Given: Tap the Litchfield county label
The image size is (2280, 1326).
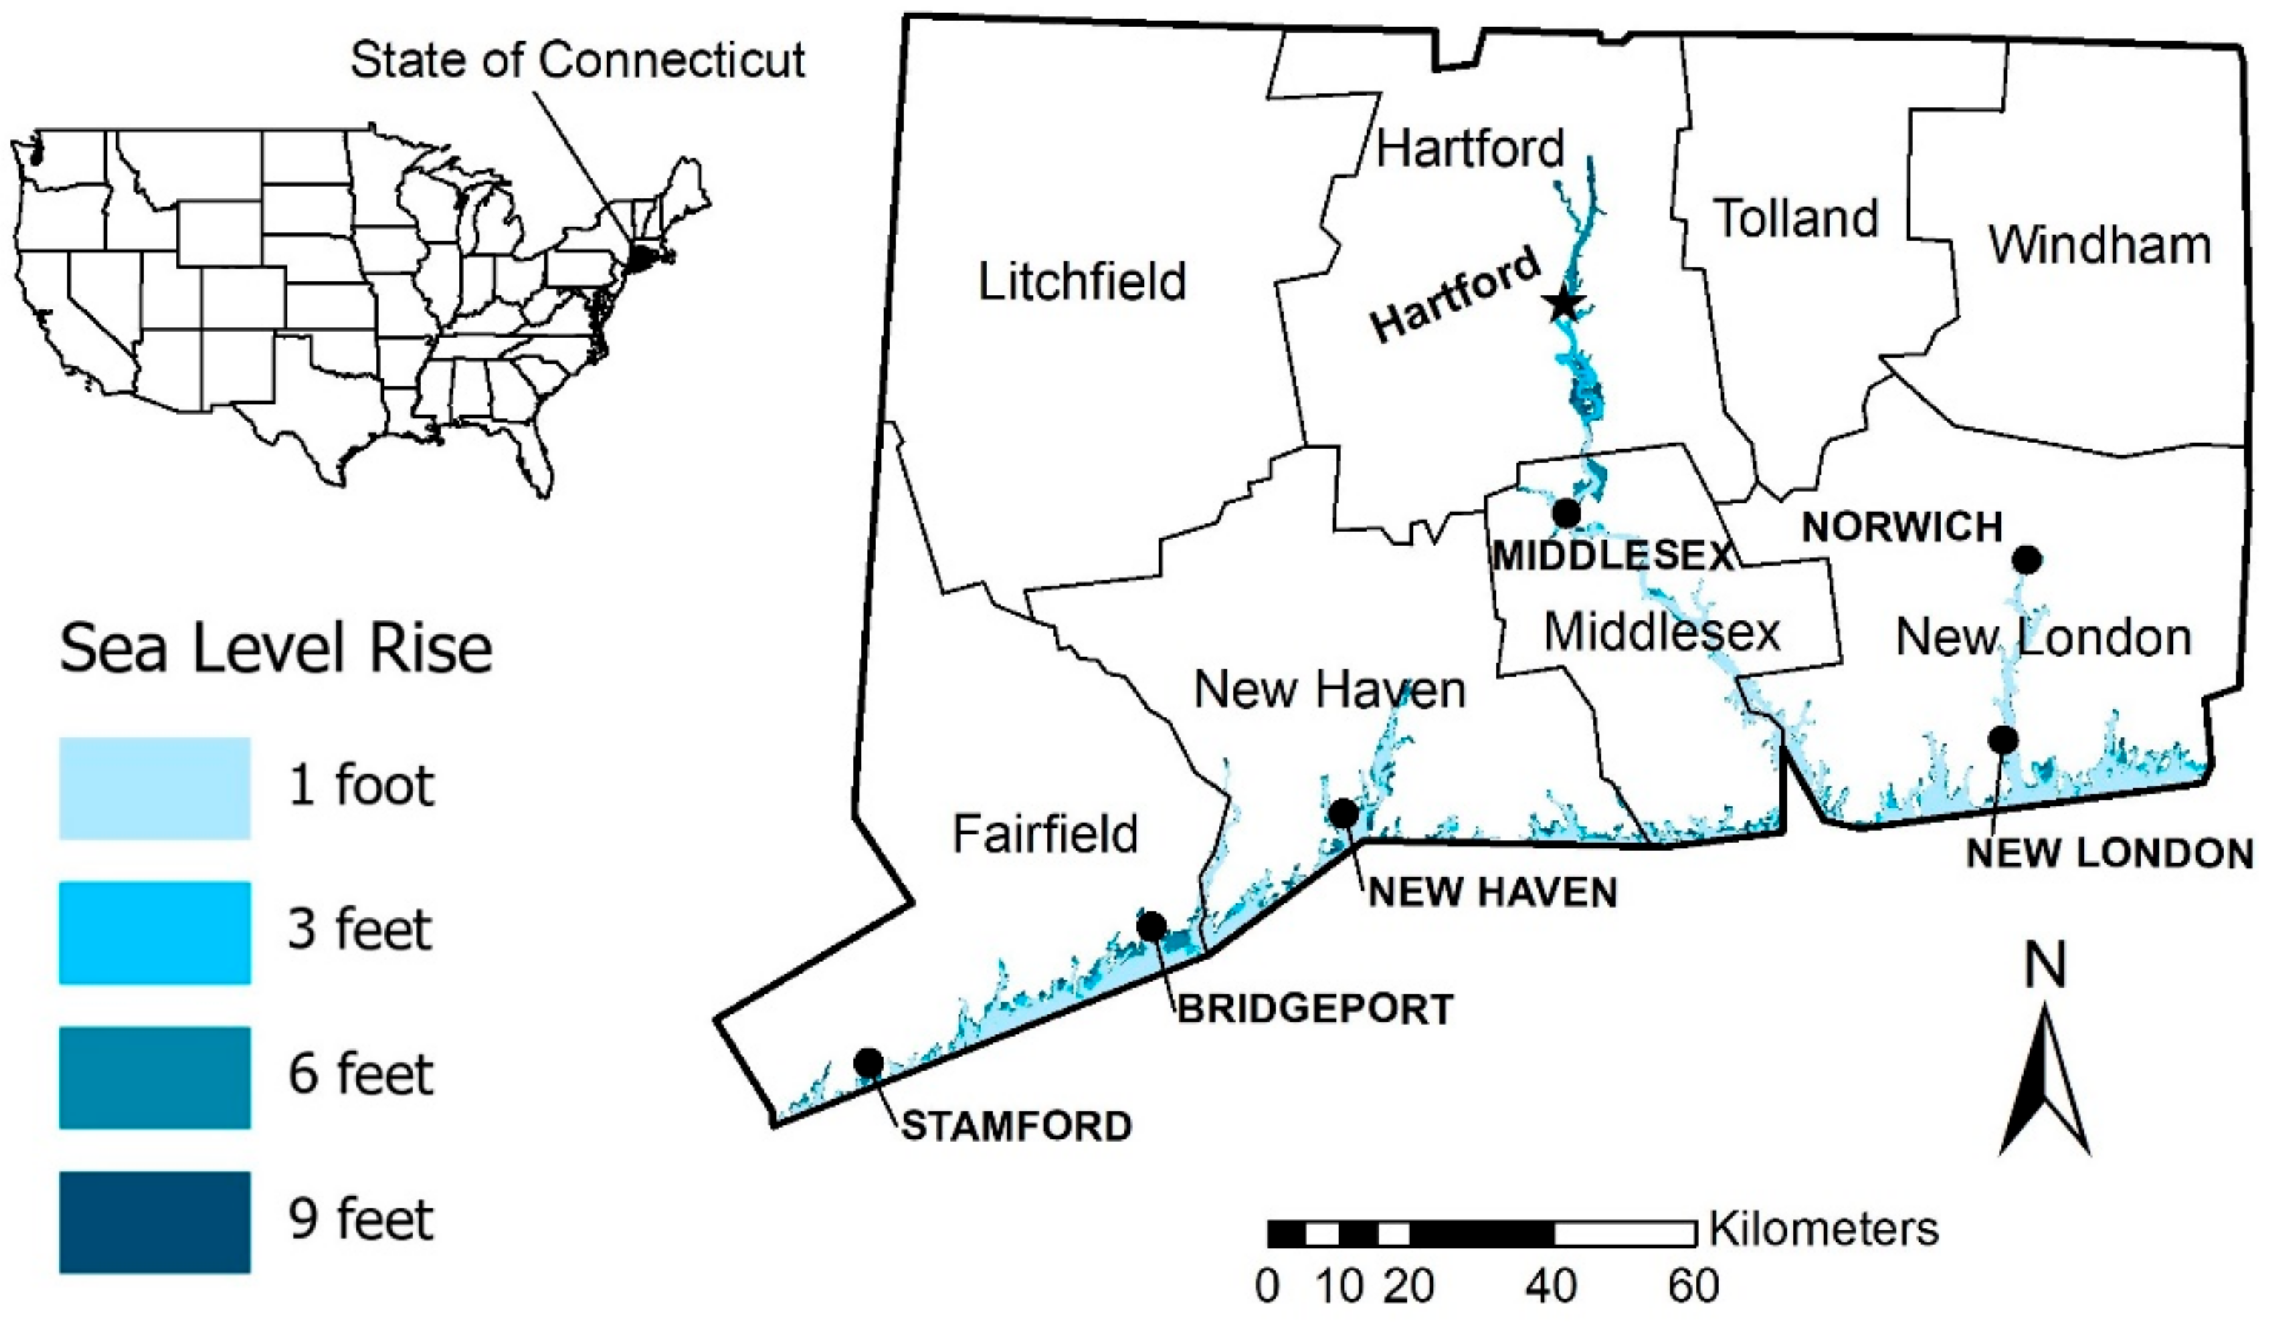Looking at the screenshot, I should point(1082,281).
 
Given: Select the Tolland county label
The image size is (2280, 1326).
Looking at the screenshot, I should point(1796,219).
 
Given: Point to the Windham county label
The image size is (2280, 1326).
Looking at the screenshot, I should point(2099,245).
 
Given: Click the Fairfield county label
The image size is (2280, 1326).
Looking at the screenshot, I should point(1045,834).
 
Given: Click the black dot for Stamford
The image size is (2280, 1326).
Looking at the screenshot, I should point(869,1062).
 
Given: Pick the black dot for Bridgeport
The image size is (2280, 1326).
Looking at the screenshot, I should point(1151,925).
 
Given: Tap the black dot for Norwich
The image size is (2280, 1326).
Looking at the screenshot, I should point(2027,560).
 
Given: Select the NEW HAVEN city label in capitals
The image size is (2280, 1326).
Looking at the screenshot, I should point(1493,893).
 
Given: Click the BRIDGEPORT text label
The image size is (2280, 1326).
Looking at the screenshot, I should point(1315,1009).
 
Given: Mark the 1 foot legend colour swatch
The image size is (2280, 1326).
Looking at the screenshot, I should point(155,788).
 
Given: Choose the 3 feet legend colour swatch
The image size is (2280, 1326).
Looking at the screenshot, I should point(155,933).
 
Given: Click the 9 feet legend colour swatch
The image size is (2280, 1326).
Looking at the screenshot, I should point(155,1222).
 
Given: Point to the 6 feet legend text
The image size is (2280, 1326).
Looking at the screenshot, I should point(361,1074).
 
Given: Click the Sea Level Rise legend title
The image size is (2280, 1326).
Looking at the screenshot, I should point(276,649).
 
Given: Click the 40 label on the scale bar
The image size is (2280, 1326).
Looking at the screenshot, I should point(1551,1285).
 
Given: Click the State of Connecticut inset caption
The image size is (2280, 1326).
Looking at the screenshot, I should point(577,61).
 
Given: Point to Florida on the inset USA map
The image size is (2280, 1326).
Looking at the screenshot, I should point(536,461).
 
